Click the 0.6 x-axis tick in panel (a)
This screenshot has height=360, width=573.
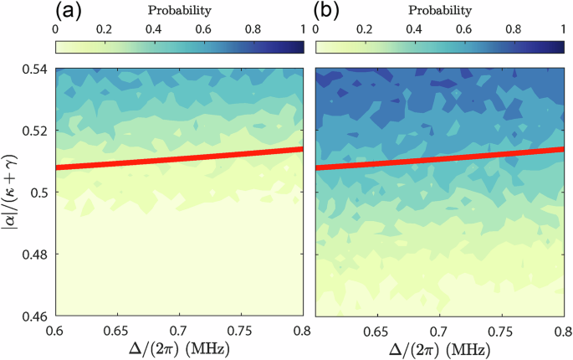[57, 330]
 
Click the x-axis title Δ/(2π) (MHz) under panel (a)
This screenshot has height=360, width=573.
[180, 348]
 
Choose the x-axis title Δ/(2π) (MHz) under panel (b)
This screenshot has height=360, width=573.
[439, 348]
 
